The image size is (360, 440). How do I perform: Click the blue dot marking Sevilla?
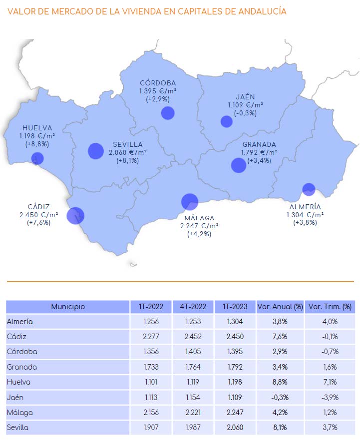[x=95, y=151]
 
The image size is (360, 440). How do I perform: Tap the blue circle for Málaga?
[x=190, y=202]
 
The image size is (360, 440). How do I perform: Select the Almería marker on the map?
[x=309, y=190]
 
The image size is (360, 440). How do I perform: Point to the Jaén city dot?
[x=227, y=121]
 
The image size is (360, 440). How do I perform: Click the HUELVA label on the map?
[x=37, y=128]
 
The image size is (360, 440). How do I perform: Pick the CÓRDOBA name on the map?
[x=158, y=83]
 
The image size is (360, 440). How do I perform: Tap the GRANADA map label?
[x=259, y=145]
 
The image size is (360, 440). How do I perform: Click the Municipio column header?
[x=68, y=307]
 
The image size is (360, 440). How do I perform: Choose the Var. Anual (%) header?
[x=280, y=307]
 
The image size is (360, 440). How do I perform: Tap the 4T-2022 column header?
[x=193, y=307]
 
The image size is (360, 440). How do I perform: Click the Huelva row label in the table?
[x=19, y=382]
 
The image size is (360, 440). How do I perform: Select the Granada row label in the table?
[x=22, y=367]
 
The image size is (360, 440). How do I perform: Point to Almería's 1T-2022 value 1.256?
[x=150, y=322]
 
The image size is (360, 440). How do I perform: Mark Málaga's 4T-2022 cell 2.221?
[x=193, y=413]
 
